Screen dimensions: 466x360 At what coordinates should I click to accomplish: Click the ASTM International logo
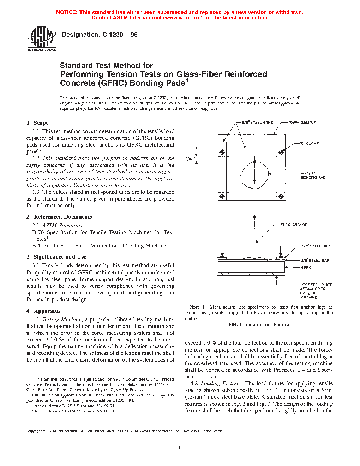(x=42, y=39)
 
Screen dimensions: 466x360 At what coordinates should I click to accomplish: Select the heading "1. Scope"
(x=37, y=123)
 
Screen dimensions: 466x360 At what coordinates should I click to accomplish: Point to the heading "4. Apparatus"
(x=43, y=311)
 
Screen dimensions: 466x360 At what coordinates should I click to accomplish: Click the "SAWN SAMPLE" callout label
(x=302, y=123)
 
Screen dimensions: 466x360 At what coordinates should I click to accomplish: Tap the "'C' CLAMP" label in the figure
(x=309, y=143)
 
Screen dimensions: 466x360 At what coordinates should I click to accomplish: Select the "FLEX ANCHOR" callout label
(x=294, y=225)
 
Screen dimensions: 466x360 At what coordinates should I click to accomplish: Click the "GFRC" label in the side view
(x=306, y=267)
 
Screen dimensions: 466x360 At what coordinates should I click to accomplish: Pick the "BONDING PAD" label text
(x=313, y=177)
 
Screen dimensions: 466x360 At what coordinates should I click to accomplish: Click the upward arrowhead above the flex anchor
(x=254, y=217)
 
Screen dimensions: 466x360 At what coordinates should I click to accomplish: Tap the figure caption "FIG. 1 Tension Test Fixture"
(x=259, y=324)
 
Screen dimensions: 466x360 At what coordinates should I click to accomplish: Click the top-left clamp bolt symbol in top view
(x=222, y=152)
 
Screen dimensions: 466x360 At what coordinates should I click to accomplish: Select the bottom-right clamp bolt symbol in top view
(x=281, y=196)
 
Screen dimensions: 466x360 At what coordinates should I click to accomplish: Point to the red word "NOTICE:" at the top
(x=67, y=12)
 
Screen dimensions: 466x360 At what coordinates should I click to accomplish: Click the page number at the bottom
(x=180, y=448)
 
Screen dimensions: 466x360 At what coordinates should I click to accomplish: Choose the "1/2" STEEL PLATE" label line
(x=316, y=285)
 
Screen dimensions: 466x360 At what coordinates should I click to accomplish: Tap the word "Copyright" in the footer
(x=34, y=431)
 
